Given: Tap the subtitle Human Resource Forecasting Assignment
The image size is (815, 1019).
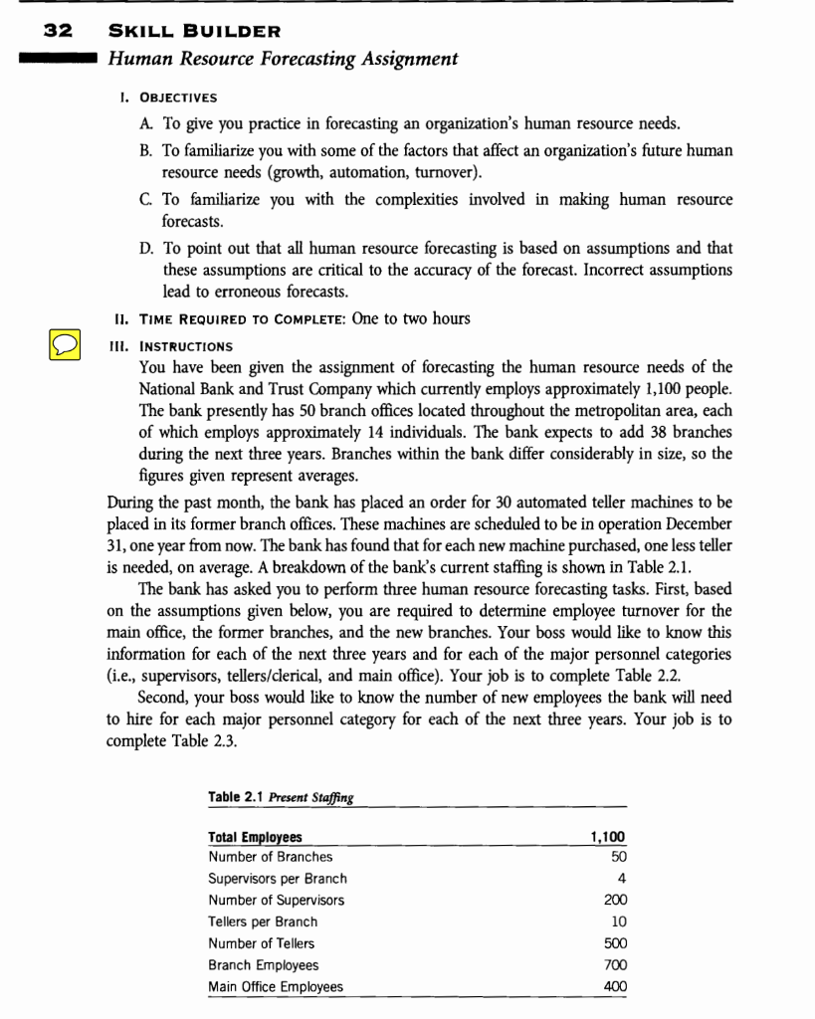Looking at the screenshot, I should coord(283,59).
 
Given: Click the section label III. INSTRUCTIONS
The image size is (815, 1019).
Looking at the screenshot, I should coord(175,346).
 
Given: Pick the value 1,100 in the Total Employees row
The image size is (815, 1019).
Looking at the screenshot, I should coord(608,837).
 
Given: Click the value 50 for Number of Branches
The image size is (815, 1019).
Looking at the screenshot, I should coord(617,856).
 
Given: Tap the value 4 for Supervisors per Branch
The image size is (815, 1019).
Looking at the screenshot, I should coord(621,879).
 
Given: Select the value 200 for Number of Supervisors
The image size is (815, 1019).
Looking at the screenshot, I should coord(614,901).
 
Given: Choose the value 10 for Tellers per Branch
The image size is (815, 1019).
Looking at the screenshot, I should coord(617,921).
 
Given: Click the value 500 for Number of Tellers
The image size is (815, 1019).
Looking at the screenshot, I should coord(614,943).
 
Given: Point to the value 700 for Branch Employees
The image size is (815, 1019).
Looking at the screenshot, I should coord(614,965).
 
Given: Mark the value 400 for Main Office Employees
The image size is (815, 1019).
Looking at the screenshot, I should coord(614,987).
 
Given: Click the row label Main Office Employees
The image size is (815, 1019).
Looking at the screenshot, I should coord(275,987).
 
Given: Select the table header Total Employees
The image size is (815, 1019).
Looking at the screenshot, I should coord(255,837).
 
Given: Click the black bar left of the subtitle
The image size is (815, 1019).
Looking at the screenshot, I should coord(54,59).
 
